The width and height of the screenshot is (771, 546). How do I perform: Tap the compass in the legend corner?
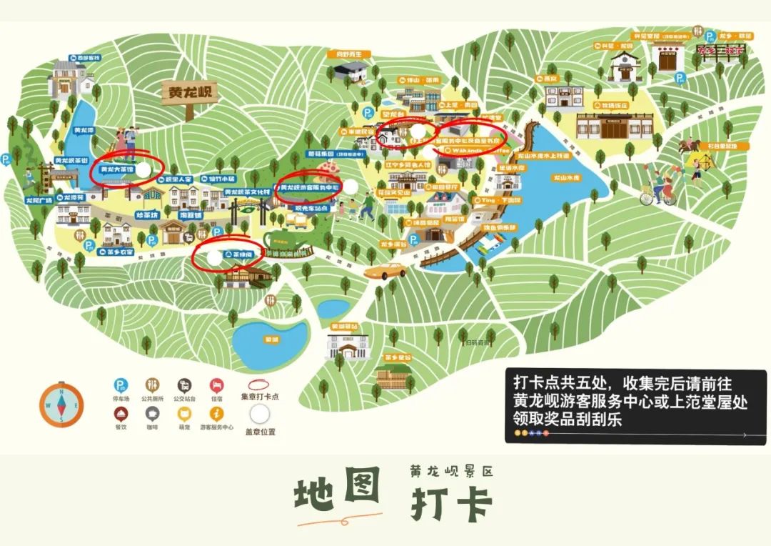(62, 404)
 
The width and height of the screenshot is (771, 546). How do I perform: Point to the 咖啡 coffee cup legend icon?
(152, 413)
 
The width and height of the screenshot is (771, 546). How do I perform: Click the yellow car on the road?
(385, 272)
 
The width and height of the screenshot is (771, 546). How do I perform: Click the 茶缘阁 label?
(238, 254)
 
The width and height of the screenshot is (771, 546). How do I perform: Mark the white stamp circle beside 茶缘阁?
(214, 256)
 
